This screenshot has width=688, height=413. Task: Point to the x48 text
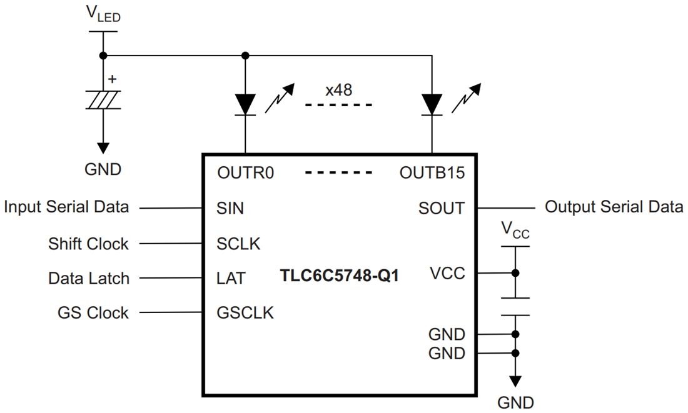click(338, 89)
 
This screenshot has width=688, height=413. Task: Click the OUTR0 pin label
click(246, 173)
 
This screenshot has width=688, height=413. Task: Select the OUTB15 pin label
click(432, 173)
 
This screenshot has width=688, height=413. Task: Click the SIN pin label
click(230, 208)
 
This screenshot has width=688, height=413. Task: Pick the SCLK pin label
click(238, 243)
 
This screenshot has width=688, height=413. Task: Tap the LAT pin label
click(231, 278)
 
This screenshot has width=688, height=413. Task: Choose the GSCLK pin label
click(245, 312)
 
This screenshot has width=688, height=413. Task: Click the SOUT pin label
click(442, 208)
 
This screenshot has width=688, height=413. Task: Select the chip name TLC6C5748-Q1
click(340, 276)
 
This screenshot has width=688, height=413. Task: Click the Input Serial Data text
click(66, 207)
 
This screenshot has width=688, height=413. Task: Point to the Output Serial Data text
click(614, 207)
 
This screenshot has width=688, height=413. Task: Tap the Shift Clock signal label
click(88, 243)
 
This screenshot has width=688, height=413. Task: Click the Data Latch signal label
click(88, 278)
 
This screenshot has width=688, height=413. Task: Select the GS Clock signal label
click(93, 312)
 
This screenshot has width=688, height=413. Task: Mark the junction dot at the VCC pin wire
click(515, 273)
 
